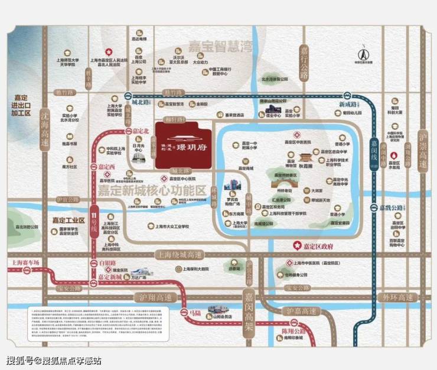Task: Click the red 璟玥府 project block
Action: point(185,145)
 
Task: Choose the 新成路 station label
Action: point(348,104)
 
